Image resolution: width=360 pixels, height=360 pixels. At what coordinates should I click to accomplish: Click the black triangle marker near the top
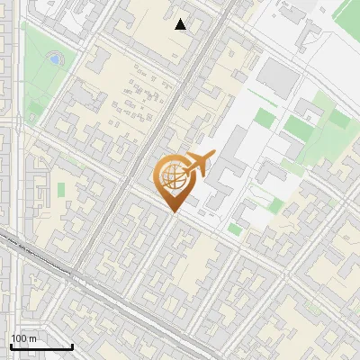pyautogui.click(x=181, y=24)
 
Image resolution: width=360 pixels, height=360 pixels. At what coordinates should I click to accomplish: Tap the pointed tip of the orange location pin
pyautogui.click(x=173, y=212)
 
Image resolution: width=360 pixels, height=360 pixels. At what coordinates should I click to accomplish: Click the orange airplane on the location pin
pyautogui.click(x=198, y=164)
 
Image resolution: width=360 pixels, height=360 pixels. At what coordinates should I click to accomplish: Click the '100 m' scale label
pyautogui.click(x=23, y=337)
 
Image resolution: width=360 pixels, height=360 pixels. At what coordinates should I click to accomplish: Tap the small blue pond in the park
pyautogui.click(x=55, y=59)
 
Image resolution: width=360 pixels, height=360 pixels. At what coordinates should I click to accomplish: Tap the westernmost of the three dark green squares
pyautogui.click(x=264, y=118)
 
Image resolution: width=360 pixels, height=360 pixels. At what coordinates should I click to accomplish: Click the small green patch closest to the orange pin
pyautogui.click(x=235, y=229)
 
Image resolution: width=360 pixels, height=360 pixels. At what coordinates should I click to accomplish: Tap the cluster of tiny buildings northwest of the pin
pyautogui.click(x=135, y=99)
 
